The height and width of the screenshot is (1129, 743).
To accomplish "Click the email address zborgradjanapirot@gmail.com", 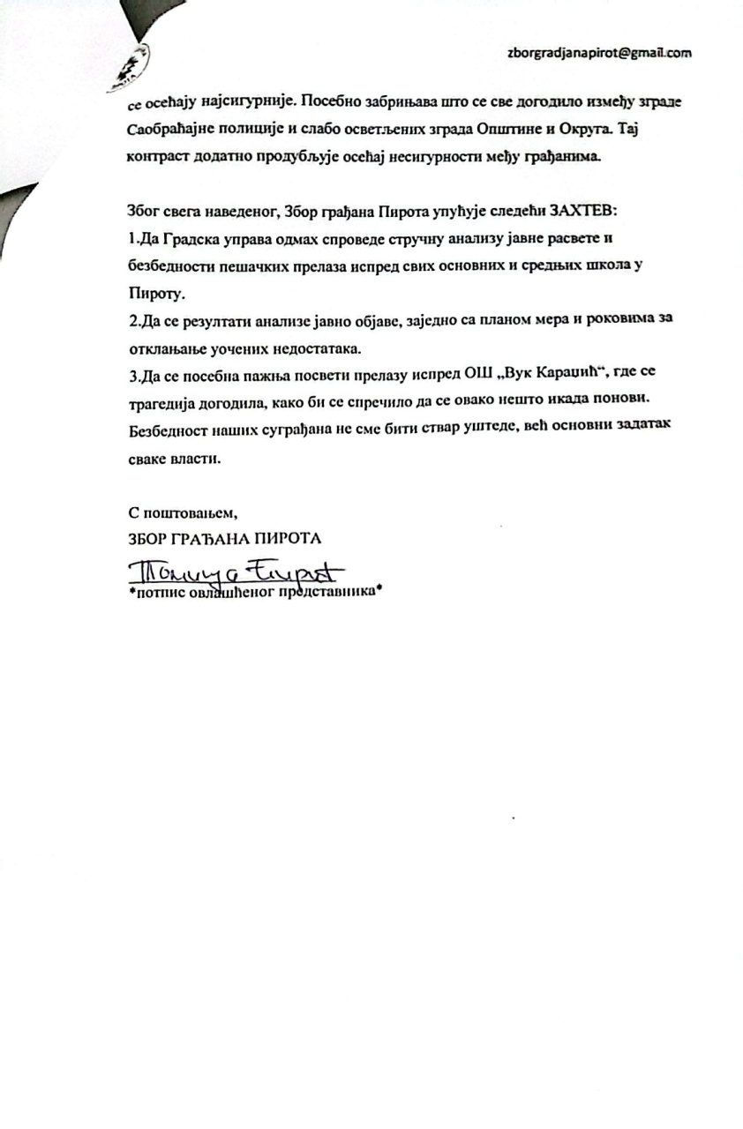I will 599,52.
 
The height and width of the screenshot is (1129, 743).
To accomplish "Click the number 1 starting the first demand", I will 131,238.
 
